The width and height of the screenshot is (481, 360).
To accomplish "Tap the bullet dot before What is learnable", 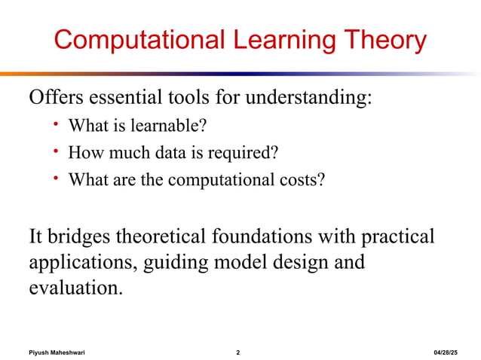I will point(56,124).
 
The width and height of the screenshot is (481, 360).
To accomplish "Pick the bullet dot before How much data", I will point(56,151).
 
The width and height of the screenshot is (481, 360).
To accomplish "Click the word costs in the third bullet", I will point(303,181).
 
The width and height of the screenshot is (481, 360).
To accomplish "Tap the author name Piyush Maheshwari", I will point(57,352).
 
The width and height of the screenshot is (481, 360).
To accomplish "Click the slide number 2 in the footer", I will point(238,352).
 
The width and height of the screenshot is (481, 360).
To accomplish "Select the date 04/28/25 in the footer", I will point(451,352).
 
